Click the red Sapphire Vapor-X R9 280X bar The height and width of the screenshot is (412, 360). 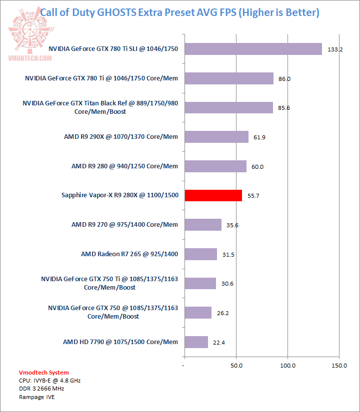pos(213,195)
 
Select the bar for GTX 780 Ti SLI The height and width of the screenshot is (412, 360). pos(253,49)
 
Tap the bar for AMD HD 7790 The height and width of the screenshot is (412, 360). pos(196,342)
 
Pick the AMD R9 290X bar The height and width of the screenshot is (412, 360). pos(216,137)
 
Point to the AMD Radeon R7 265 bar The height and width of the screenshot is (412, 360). pos(200,254)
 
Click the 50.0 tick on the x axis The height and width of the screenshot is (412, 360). pos(236,366)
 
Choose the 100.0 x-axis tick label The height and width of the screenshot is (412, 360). pos(287,366)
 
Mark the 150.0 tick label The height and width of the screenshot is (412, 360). pos(339,366)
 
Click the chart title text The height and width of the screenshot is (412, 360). pos(179,12)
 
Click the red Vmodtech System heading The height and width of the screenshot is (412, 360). pos(43,373)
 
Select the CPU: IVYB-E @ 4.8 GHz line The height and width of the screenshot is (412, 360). pos(49,381)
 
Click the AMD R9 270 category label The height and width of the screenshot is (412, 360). pos(124,225)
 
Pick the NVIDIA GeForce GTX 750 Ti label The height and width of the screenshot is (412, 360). pos(109,283)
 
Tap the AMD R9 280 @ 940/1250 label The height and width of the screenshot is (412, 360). pos(124,166)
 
